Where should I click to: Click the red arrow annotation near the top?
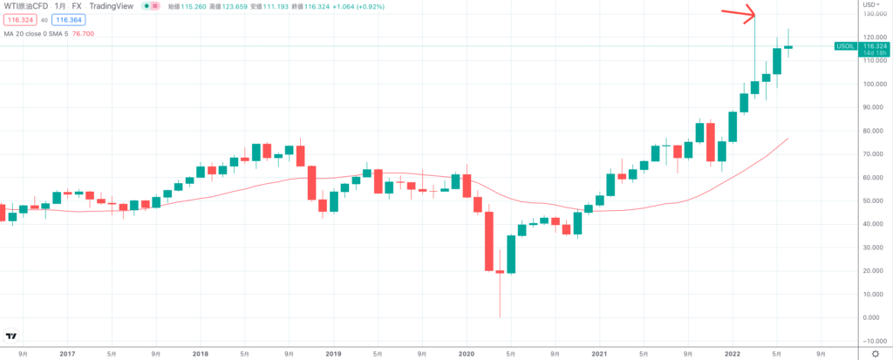[736, 13]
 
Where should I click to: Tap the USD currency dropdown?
[862, 6]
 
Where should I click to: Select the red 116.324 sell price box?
[17, 19]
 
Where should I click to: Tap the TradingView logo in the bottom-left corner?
[12, 337]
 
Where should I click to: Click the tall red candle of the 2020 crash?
[489, 240]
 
